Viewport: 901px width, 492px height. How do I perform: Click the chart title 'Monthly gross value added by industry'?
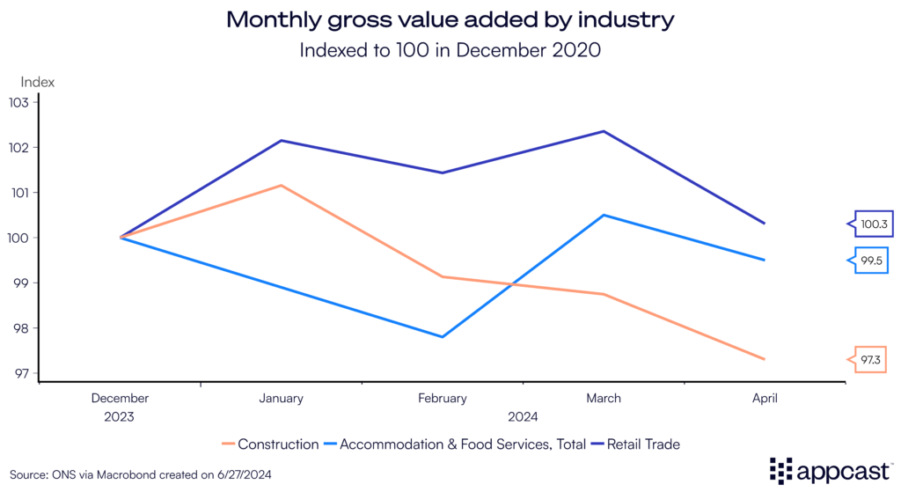pos(450,19)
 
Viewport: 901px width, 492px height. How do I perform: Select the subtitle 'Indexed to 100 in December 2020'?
pos(450,50)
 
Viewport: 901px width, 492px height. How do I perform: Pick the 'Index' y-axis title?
pos(38,82)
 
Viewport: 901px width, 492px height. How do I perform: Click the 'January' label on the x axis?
pos(282,399)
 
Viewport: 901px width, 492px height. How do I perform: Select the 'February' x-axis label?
pos(443,399)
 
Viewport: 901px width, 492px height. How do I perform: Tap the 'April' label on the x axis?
pos(765,399)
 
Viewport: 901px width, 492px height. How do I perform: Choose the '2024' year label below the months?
pos(523,416)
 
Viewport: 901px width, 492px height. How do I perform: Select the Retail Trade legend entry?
pos(638,444)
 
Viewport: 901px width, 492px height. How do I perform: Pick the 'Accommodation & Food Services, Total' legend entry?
pos(457,444)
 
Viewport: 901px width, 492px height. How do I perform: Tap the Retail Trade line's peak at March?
pos(604,131)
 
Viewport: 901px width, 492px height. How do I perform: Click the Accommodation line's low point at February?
pos(443,337)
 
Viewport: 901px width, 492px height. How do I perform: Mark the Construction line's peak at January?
pos(282,185)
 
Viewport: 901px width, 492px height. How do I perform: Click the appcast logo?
pos(828,470)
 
